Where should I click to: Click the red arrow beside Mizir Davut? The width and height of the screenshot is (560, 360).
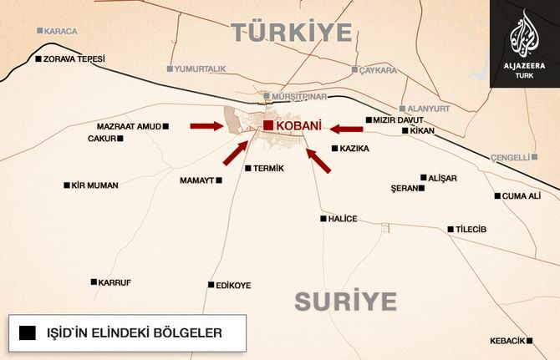[345, 129]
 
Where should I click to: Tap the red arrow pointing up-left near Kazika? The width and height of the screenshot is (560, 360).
[318, 160]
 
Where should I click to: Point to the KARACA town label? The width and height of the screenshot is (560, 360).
[63, 31]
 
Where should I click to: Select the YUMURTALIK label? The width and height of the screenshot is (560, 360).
[201, 68]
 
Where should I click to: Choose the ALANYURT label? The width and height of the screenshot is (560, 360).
[431, 108]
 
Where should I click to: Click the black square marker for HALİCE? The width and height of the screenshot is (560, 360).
[323, 219]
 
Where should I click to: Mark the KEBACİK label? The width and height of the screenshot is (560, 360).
[507, 341]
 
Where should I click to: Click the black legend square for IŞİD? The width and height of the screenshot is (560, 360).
[27, 332]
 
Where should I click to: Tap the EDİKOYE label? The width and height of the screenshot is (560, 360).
[233, 285]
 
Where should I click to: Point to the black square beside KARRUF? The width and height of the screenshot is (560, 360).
[94, 281]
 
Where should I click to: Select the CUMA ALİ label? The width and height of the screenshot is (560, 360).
[522, 196]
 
